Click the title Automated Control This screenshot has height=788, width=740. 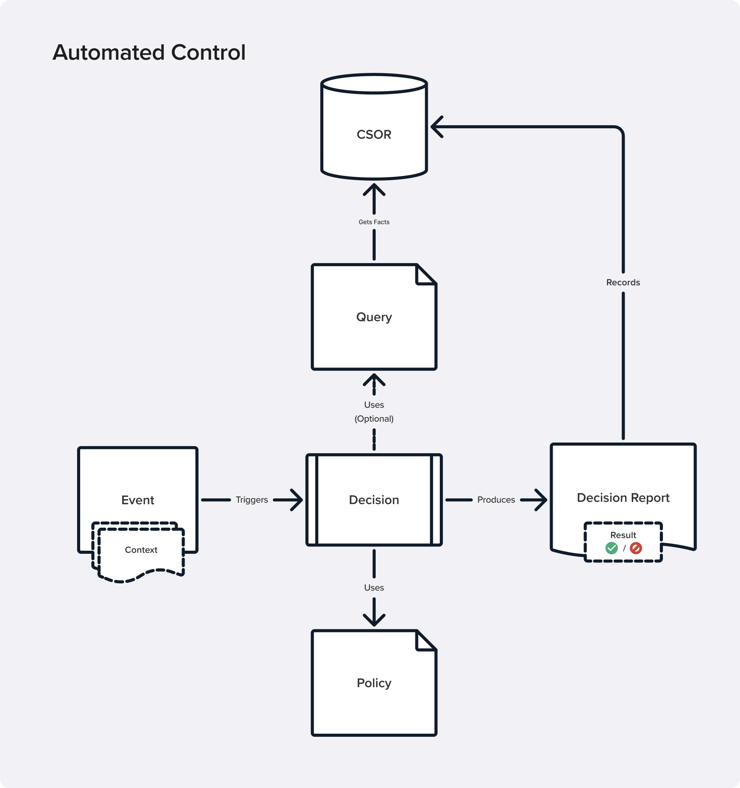pyautogui.click(x=149, y=52)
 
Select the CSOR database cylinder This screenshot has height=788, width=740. pyautogui.click(x=373, y=127)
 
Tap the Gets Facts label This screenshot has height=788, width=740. pyautogui.click(x=373, y=222)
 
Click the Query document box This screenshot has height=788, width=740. pyautogui.click(x=373, y=329)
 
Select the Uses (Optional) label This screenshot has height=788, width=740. pyautogui.click(x=373, y=411)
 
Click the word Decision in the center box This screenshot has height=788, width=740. pyautogui.click(x=373, y=500)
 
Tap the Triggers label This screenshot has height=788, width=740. pyautogui.click(x=251, y=500)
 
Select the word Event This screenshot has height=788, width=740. pyautogui.click(x=138, y=500)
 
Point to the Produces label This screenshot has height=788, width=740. pyautogui.click(x=496, y=500)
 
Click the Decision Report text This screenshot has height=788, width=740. pyautogui.click(x=622, y=498)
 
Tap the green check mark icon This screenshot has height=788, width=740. pyautogui.click(x=612, y=548)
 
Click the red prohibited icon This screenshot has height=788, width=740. pyautogui.click(x=636, y=548)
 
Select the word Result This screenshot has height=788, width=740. pyautogui.click(x=622, y=535)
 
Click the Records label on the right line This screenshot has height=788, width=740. pyautogui.click(x=622, y=282)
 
